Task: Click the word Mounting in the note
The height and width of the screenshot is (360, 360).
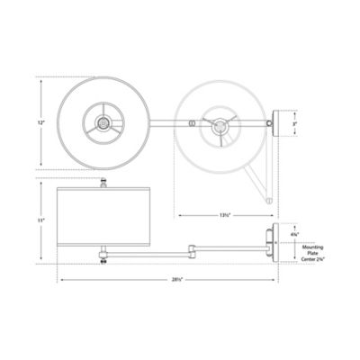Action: pyautogui.click(x=313, y=245)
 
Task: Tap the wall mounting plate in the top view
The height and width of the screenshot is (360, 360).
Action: pyautogui.click(x=280, y=121)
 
